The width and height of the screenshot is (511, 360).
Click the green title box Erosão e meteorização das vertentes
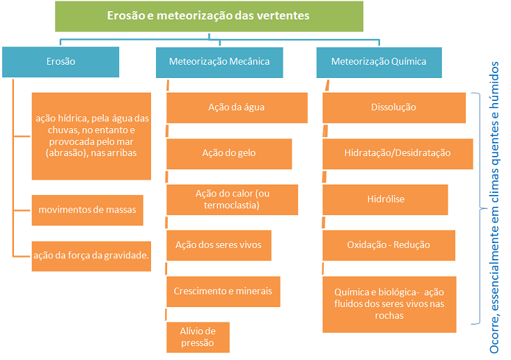209,16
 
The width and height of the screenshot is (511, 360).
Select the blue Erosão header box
61,62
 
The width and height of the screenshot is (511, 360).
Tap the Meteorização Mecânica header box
219,63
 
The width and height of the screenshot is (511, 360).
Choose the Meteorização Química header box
379,63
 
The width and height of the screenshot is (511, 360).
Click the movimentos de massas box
87,210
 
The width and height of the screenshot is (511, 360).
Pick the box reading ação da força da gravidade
91,256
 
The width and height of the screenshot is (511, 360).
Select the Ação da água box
237,108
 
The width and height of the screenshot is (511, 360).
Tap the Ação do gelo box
229,154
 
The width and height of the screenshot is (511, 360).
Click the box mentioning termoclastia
232,200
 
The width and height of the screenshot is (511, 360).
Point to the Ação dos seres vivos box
219,246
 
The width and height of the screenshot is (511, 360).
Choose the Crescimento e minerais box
223,292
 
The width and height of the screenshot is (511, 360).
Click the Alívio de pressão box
198,338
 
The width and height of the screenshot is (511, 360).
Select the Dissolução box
394,108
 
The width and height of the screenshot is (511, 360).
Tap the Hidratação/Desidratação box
398,154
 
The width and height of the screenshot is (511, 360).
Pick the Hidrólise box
385,200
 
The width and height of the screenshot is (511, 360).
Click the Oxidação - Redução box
388,246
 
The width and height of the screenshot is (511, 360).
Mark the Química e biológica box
389,304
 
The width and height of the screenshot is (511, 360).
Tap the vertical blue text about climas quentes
494,208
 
